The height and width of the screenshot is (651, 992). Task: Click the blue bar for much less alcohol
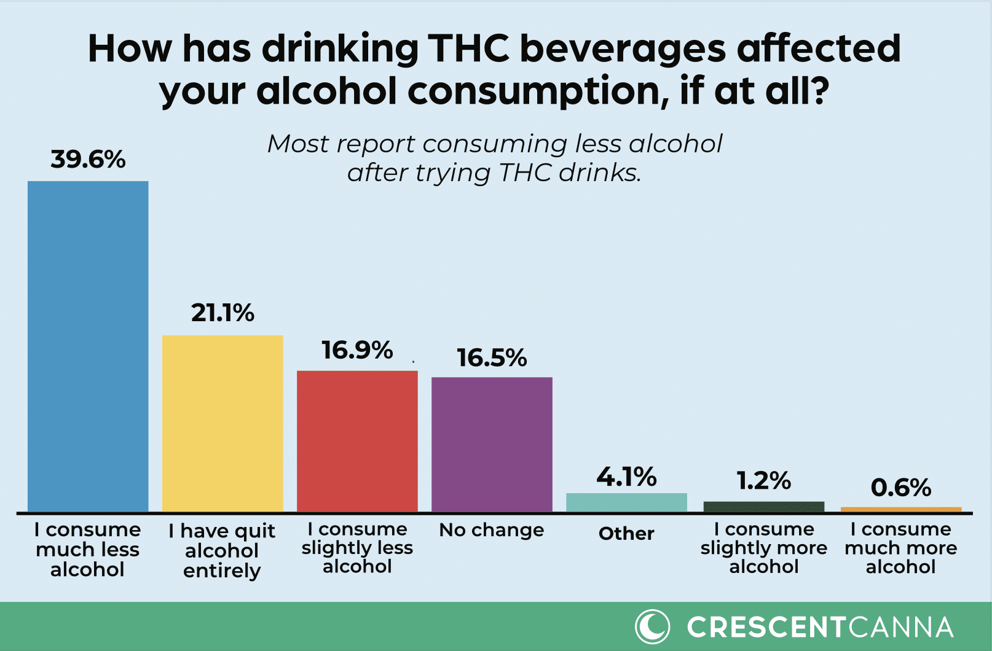click(x=88, y=346)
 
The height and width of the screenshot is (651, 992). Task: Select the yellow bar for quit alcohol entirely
click(x=222, y=423)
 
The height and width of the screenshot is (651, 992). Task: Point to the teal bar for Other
click(x=626, y=502)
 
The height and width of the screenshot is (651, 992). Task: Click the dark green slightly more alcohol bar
click(x=763, y=507)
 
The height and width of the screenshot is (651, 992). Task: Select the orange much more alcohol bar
click(x=900, y=509)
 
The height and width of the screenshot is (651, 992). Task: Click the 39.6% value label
click(x=88, y=160)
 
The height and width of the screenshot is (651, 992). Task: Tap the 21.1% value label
click(x=222, y=313)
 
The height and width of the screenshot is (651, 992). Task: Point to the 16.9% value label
click(x=357, y=351)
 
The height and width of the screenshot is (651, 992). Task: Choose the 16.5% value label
click(x=492, y=358)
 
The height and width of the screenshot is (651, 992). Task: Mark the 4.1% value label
click(x=626, y=477)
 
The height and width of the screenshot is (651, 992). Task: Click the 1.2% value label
click(x=763, y=481)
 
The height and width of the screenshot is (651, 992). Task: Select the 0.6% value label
click(x=900, y=488)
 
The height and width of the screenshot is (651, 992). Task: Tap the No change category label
click(x=492, y=530)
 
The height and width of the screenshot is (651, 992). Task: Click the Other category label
click(x=626, y=534)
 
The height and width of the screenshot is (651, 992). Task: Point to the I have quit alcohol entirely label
click(x=222, y=550)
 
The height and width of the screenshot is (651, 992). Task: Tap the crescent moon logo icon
click(x=652, y=627)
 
